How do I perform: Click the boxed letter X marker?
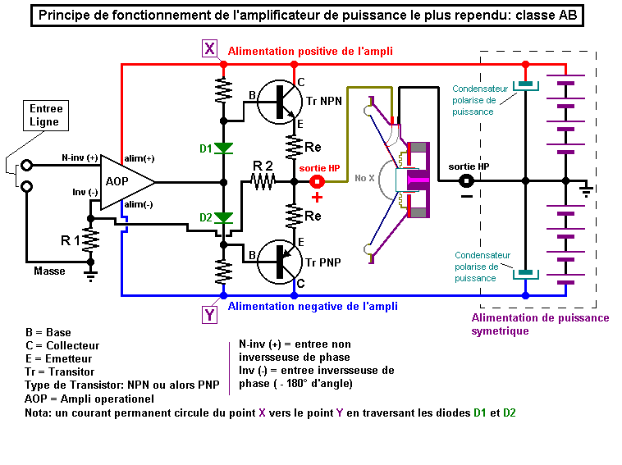(210, 49)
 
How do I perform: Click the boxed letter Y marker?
(210, 313)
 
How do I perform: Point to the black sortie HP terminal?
(465, 181)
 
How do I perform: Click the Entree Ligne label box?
(46, 116)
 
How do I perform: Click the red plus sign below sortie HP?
(317, 198)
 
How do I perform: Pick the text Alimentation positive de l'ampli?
(310, 51)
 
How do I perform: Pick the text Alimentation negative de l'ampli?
(313, 307)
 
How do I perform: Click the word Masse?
(49, 271)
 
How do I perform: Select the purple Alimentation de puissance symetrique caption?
(540, 325)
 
